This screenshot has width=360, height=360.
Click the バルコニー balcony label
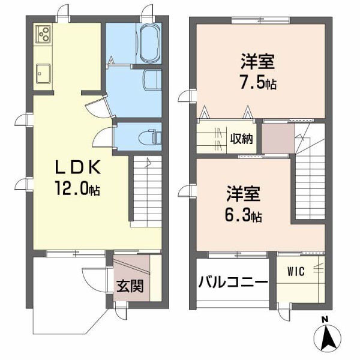233,281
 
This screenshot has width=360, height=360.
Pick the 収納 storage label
243,139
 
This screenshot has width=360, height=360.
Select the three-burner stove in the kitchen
43,35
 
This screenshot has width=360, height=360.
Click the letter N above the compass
324,319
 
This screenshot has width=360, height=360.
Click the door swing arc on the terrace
90,282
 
